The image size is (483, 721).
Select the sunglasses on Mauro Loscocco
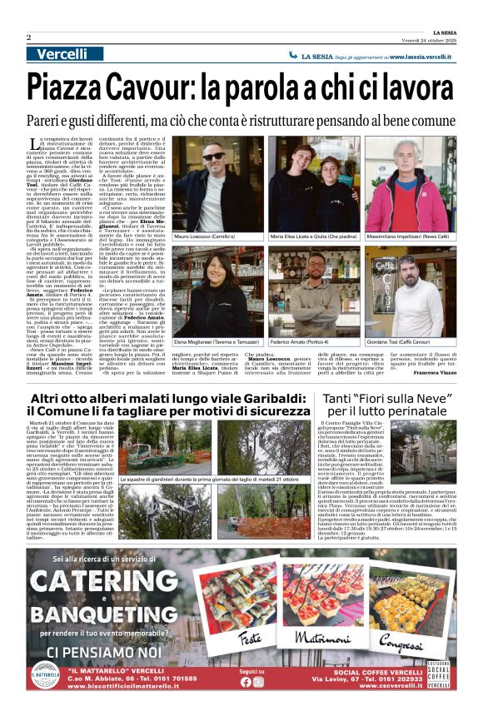pos(212,157)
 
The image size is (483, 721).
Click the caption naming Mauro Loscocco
pos(203,237)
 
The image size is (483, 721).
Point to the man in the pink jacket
pos(406,187)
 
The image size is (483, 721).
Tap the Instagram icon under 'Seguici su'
pos(258,682)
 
